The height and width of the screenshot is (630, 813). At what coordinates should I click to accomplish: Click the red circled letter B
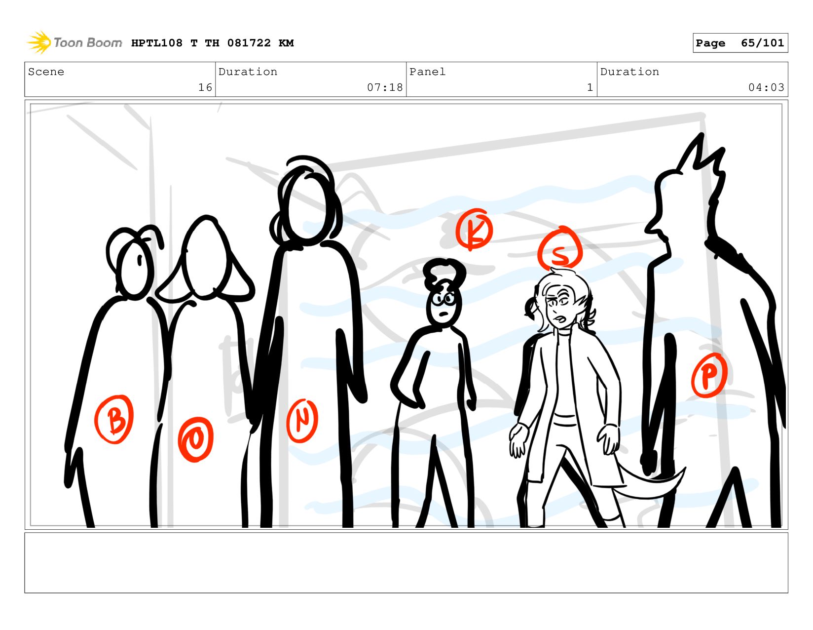click(114, 419)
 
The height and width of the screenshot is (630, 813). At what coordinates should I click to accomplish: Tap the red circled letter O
click(195, 439)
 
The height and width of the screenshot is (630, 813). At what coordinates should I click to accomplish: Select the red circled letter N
click(302, 420)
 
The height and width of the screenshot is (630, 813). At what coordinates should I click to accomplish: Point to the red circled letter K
click(474, 229)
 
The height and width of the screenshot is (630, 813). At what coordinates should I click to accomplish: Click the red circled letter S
click(560, 249)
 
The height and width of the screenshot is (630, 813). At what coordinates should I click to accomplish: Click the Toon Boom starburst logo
click(39, 42)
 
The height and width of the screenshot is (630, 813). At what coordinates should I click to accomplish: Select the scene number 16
click(205, 87)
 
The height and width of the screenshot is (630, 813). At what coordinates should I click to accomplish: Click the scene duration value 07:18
click(385, 87)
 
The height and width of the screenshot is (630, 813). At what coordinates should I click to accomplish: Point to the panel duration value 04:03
click(766, 87)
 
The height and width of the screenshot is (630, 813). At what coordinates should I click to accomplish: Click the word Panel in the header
click(427, 72)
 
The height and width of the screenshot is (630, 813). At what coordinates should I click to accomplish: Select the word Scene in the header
click(46, 72)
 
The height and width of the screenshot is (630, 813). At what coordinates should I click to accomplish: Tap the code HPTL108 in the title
click(157, 43)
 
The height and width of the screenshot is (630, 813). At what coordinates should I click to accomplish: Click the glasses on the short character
click(443, 299)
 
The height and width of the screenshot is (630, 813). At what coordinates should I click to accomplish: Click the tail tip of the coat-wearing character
click(684, 468)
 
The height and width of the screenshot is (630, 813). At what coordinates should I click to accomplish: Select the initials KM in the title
click(286, 43)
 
